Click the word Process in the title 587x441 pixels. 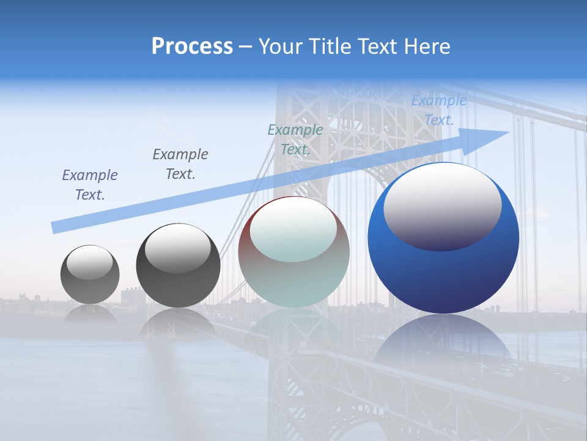[192, 47]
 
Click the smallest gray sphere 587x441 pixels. [90, 274]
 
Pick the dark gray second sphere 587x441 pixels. [178, 266]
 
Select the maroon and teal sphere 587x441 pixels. [294, 252]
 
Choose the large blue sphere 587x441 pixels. [443, 238]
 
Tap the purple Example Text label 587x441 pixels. [90, 185]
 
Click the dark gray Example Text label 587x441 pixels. [180, 164]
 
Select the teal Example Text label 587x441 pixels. [295, 140]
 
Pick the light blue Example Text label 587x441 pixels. [439, 110]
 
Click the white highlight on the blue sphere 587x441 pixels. [443, 207]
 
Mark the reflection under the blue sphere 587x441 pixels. [443, 337]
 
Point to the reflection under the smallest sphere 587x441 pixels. [90, 314]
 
